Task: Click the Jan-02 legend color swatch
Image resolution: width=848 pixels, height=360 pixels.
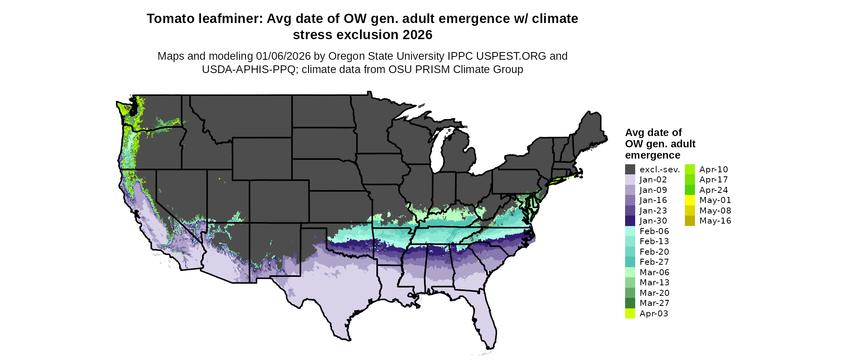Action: [x=630, y=180]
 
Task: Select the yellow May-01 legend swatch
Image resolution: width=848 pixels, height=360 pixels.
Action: [x=690, y=200]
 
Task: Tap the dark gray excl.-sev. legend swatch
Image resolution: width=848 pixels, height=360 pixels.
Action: [x=630, y=170]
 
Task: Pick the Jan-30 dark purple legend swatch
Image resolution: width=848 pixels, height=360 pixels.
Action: [x=630, y=221]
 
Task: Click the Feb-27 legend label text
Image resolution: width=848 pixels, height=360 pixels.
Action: [x=654, y=262]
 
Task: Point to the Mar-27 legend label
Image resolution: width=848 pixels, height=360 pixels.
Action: [x=654, y=303]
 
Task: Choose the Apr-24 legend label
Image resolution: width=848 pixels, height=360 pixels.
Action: [x=714, y=190]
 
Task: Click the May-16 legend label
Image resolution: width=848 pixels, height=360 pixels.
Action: [x=715, y=221]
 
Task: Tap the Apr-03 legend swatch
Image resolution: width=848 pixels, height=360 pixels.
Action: [x=630, y=314]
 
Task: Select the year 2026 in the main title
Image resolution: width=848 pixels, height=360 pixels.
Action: [x=417, y=35]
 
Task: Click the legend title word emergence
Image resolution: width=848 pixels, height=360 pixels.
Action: [x=653, y=155]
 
